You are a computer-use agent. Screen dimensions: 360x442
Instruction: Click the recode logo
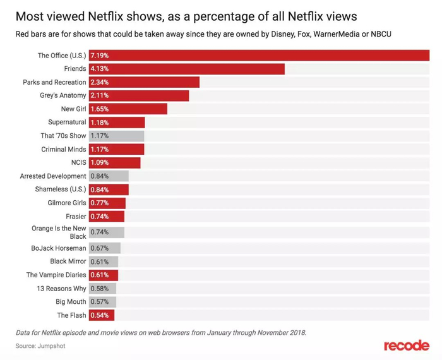point(407,345)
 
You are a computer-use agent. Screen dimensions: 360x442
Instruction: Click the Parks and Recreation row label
point(54,82)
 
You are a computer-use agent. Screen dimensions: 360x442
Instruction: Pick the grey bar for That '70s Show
point(117,136)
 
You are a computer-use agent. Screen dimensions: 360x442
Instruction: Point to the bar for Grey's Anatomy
point(139,95)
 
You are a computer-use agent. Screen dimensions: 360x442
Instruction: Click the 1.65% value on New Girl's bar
point(100,109)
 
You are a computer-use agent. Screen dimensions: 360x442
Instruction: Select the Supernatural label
point(67,123)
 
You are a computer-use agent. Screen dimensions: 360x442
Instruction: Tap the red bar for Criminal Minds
point(117,150)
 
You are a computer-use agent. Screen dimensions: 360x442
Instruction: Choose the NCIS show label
point(78,163)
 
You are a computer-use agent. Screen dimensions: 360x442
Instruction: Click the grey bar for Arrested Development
point(109,176)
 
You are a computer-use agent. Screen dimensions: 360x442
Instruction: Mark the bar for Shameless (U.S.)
point(109,189)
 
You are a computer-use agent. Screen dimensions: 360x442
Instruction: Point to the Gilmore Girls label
point(67,203)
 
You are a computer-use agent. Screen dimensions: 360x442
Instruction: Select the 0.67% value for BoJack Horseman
point(100,248)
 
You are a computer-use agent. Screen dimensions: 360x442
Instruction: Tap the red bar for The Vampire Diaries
point(104,275)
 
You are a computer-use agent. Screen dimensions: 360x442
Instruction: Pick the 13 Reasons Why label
point(61,289)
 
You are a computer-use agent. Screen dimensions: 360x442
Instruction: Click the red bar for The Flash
point(102,315)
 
